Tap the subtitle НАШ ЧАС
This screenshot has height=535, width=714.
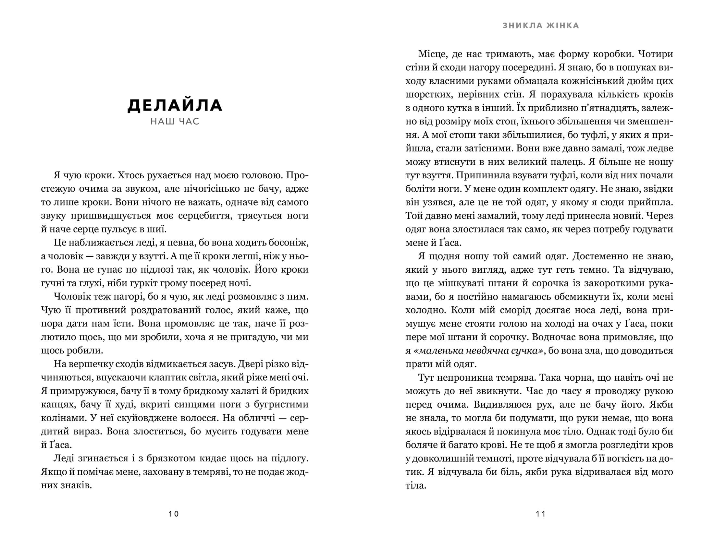click(175, 122)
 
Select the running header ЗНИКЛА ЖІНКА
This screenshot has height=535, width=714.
click(541, 26)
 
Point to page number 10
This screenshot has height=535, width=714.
click(174, 514)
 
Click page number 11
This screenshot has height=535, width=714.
click(541, 514)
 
